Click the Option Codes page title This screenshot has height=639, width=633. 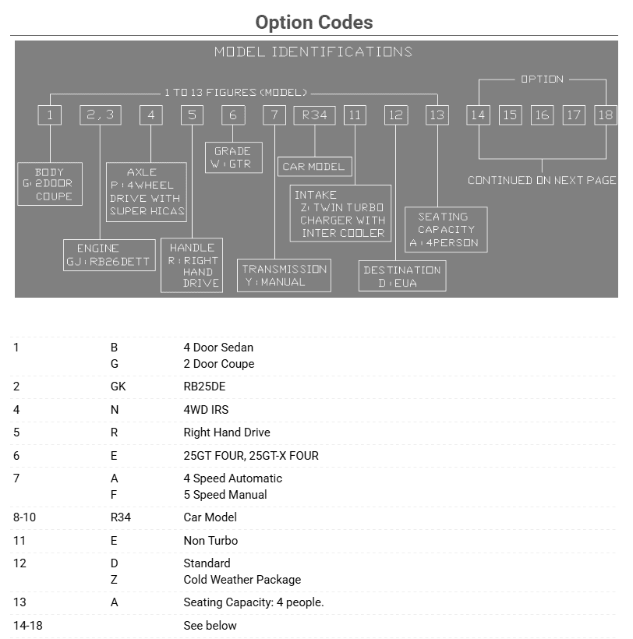click(x=314, y=23)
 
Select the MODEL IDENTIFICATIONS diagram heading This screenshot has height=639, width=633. click(x=313, y=52)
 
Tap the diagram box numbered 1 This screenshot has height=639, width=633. click(x=49, y=115)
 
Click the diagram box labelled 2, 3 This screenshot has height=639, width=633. click(x=100, y=115)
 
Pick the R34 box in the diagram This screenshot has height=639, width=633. click(x=314, y=115)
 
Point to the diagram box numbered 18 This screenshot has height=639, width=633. click(x=605, y=115)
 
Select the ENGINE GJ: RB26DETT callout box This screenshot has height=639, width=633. click(x=99, y=255)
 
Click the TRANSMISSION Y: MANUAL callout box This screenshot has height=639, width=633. click(x=285, y=275)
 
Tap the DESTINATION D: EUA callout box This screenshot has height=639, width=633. click(x=402, y=276)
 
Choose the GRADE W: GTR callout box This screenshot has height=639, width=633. click(x=232, y=157)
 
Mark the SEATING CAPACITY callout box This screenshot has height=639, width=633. click(x=446, y=230)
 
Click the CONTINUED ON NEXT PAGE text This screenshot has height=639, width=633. click(x=542, y=180)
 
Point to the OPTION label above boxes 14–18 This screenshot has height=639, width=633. click(x=542, y=79)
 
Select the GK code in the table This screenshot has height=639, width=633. click(x=118, y=387)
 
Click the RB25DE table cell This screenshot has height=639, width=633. click(x=204, y=387)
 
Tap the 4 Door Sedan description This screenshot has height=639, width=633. click(x=218, y=348)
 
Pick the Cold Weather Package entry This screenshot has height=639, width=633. click(x=242, y=580)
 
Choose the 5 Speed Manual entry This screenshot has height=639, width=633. click(x=225, y=495)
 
